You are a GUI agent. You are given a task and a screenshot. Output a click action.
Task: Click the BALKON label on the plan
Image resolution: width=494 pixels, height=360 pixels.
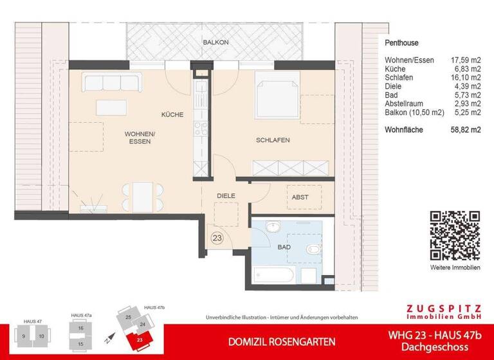click(x=215, y=42)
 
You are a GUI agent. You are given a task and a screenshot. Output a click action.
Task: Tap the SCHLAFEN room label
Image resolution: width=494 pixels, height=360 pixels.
click(x=272, y=139)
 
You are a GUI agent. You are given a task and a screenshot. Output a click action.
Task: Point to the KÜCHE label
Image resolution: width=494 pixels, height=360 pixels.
click(x=172, y=115)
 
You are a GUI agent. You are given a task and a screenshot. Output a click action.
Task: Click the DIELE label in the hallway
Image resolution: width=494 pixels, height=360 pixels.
click(x=225, y=195)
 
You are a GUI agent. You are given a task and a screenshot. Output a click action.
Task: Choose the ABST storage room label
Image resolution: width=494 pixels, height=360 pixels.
click(x=300, y=198)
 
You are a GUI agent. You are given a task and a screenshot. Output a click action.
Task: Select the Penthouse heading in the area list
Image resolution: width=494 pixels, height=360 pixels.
click(x=401, y=43)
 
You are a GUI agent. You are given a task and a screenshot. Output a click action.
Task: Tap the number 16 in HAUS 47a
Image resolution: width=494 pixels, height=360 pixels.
click(x=81, y=328)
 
